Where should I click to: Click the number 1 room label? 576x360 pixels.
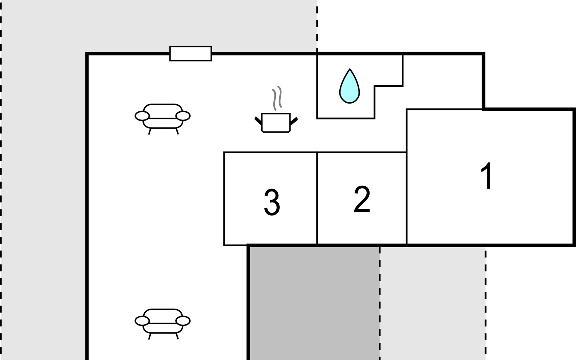click(486, 176)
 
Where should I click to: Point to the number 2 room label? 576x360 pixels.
click(362, 199)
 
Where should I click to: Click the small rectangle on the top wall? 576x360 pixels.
click(190, 53)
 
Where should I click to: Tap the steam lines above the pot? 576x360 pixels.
click(277, 97)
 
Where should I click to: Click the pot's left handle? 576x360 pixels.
click(258, 121)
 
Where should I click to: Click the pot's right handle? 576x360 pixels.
click(294, 121)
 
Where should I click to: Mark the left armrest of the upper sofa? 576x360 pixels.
click(142, 116)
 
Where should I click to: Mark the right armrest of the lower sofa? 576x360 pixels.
click(183, 321)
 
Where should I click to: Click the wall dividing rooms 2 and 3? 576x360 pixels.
click(317, 198)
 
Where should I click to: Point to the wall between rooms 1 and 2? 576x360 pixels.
click(406, 198)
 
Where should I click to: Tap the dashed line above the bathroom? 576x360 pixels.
click(317, 27)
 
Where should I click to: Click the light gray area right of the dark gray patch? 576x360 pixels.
click(432, 303)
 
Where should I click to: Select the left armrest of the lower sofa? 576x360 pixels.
click(142, 321)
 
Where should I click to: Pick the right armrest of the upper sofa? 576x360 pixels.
click(183, 116)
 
